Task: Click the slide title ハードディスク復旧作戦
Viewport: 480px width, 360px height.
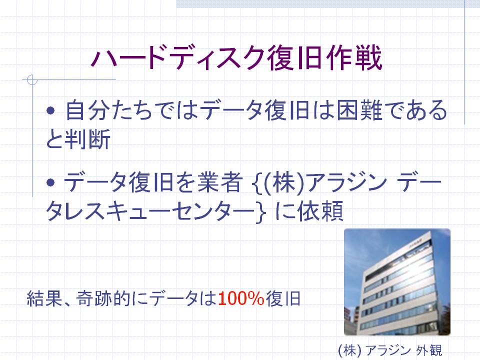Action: pyautogui.click(x=236, y=58)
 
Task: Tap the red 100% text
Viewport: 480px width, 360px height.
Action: pyautogui.click(x=241, y=298)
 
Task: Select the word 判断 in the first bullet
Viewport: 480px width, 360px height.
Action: pyautogui.click(x=87, y=139)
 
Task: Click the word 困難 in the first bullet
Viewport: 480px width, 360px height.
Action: pyautogui.click(x=359, y=110)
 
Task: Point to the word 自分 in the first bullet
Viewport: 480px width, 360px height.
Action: pyautogui.click(x=88, y=110)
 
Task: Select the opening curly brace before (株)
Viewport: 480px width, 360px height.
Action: pyautogui.click(x=258, y=183)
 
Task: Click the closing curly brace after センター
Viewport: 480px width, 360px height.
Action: pyautogui.click(x=261, y=212)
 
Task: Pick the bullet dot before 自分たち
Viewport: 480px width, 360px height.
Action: pyautogui.click(x=51, y=110)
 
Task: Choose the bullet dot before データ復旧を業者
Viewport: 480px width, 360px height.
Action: pyautogui.click(x=51, y=182)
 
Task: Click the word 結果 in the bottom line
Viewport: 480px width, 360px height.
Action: pyautogui.click(x=44, y=299)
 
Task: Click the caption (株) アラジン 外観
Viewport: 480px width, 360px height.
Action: pyautogui.click(x=390, y=350)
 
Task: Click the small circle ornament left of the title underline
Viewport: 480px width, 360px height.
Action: pyautogui.click(x=32, y=79)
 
